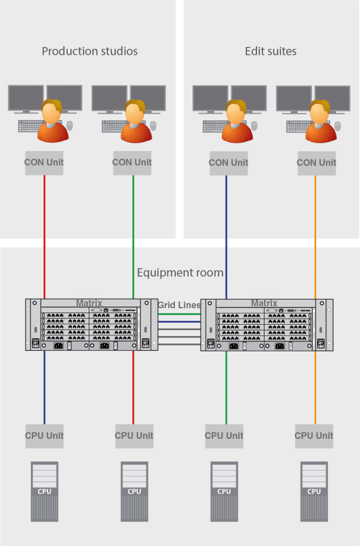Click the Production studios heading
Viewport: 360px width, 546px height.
[90, 52]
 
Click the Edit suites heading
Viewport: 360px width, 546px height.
[270, 52]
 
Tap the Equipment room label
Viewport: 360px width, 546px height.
[180, 273]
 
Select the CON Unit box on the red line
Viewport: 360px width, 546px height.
[44, 163]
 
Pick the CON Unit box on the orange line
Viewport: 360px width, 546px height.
[316, 163]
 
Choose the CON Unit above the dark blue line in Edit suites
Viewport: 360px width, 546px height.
[228, 163]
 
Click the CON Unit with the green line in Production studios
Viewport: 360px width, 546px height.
[132, 163]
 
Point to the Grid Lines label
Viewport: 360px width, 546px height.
[179, 306]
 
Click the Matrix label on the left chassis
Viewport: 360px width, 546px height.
[89, 303]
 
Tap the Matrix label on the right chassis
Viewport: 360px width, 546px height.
[264, 303]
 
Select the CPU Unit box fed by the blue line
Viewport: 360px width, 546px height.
[44, 436]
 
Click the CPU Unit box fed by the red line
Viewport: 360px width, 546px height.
[134, 436]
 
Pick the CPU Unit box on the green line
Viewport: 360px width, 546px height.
[224, 436]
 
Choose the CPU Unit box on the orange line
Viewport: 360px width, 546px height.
[314, 436]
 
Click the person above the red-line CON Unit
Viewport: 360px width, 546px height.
[52, 122]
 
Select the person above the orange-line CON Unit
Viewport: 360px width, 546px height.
[320, 122]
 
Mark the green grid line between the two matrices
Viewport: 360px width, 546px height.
[179, 315]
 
